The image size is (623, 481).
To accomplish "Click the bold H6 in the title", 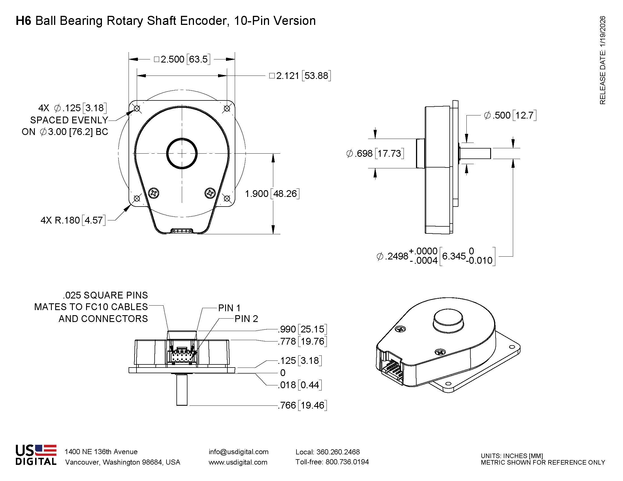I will click(23, 21).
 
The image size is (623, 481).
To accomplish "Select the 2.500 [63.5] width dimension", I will click(182, 59).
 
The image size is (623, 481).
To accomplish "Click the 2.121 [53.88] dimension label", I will click(300, 76).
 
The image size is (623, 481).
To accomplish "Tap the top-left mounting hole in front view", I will click(137, 109).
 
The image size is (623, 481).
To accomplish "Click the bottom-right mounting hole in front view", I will click(227, 198).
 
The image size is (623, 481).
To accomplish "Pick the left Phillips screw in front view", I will click(154, 193).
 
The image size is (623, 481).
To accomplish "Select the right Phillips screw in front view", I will click(210, 193).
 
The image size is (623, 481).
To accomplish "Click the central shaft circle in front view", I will click(182, 154).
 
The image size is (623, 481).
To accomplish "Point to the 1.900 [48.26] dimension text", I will click(272, 194).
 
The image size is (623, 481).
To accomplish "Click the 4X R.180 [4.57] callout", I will click(73, 220).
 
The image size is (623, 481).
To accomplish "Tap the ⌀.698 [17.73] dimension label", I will click(375, 154).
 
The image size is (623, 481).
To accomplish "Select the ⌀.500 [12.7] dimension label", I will click(510, 115).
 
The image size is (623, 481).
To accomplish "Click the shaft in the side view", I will click(475, 154).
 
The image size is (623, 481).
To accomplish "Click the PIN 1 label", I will click(229, 308).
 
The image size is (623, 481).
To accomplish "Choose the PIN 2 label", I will click(246, 319).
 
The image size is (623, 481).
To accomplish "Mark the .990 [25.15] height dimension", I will click(302, 329).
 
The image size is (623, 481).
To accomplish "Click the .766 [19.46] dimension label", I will click(302, 405).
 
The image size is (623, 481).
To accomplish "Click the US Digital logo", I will click(36, 455).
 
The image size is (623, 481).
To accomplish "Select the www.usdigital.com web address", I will click(238, 462).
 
